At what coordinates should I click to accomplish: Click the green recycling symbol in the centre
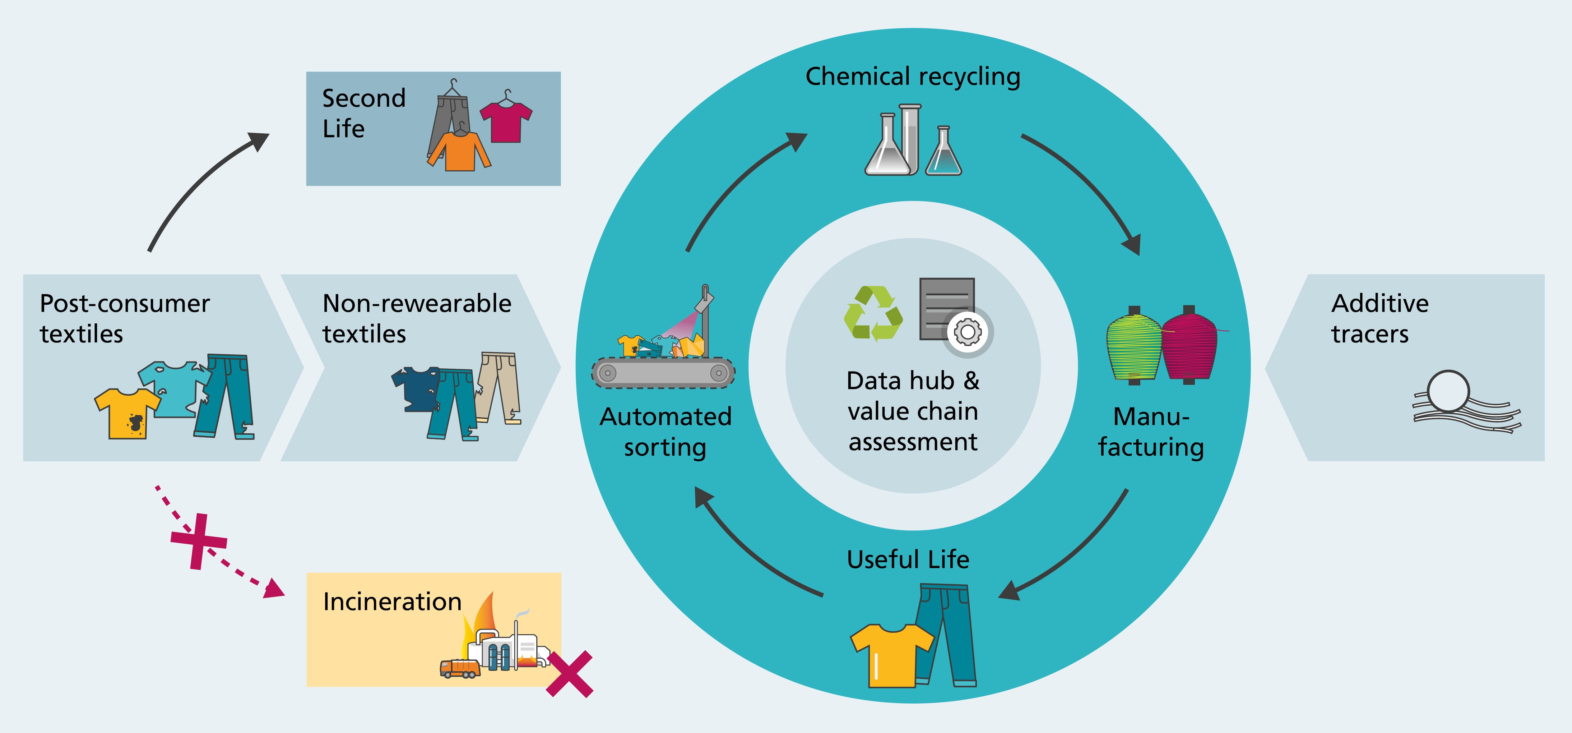point(873,314)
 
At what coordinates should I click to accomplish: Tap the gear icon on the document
point(967,333)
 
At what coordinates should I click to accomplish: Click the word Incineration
point(392,602)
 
